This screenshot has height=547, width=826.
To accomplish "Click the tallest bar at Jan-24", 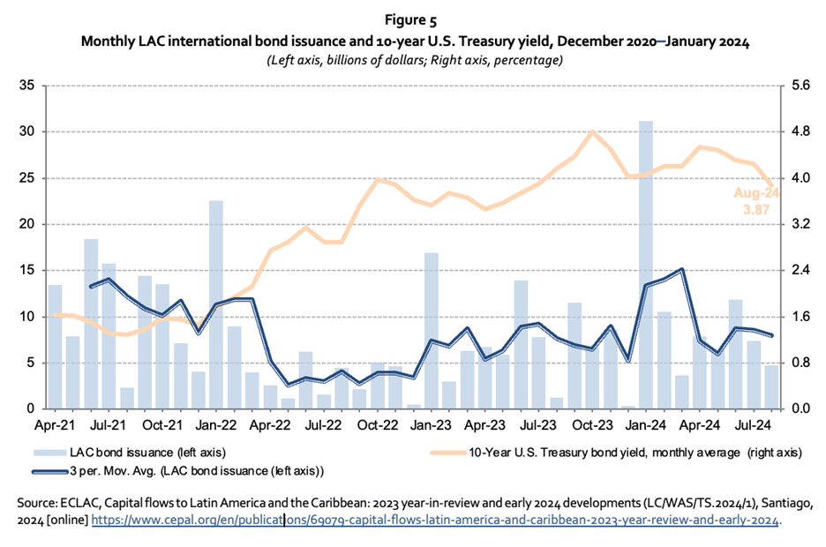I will (646, 265).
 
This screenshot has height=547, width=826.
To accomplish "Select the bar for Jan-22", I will (215, 304).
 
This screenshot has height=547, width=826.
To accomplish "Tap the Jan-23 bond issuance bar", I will (431, 331).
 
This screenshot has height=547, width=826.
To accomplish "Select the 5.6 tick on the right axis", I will (801, 86).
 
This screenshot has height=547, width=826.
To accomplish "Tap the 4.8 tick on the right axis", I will (801, 131).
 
